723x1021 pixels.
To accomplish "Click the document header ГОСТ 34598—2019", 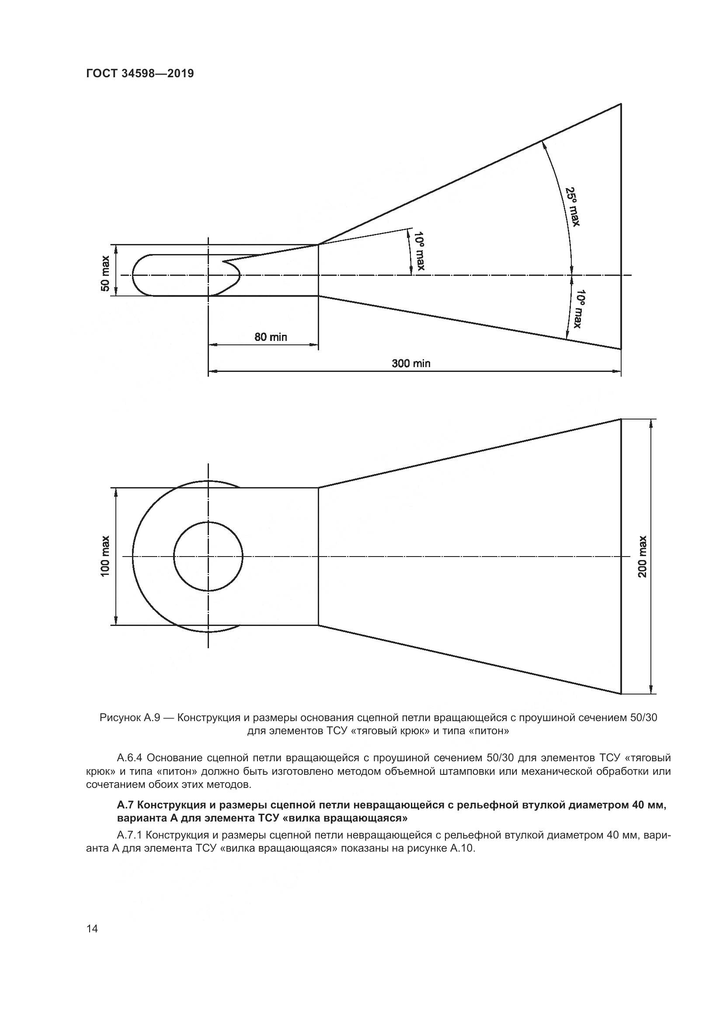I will [x=140, y=73].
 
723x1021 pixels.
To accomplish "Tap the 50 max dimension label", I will [x=105, y=273].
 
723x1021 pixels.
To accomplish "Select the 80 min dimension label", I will [x=271, y=337].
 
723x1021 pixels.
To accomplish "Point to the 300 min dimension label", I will [x=411, y=363].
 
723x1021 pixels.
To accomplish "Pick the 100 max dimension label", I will [x=105, y=556].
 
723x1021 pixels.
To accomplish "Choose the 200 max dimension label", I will [x=643, y=556].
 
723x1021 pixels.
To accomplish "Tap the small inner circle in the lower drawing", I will [x=208, y=556].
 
